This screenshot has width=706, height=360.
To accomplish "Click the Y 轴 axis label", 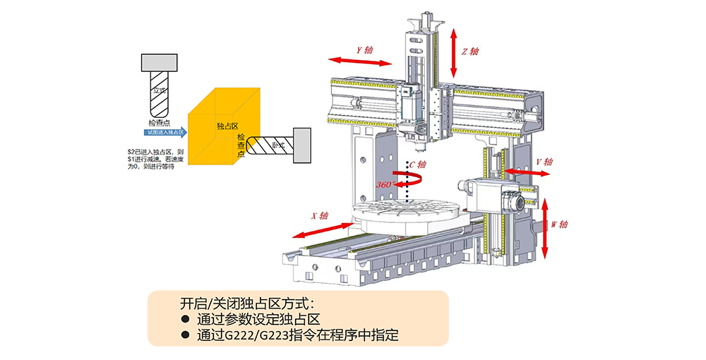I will click(365, 51).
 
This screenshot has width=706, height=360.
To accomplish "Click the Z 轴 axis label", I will click(471, 52).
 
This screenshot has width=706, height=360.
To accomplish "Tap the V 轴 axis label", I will click(544, 162).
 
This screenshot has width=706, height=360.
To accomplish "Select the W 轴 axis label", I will click(559, 224).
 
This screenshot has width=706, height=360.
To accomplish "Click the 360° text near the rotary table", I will click(385, 184).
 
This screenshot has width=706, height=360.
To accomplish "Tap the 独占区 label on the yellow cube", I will click(227, 126).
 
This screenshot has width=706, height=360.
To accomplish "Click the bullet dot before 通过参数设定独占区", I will click(186, 319).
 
